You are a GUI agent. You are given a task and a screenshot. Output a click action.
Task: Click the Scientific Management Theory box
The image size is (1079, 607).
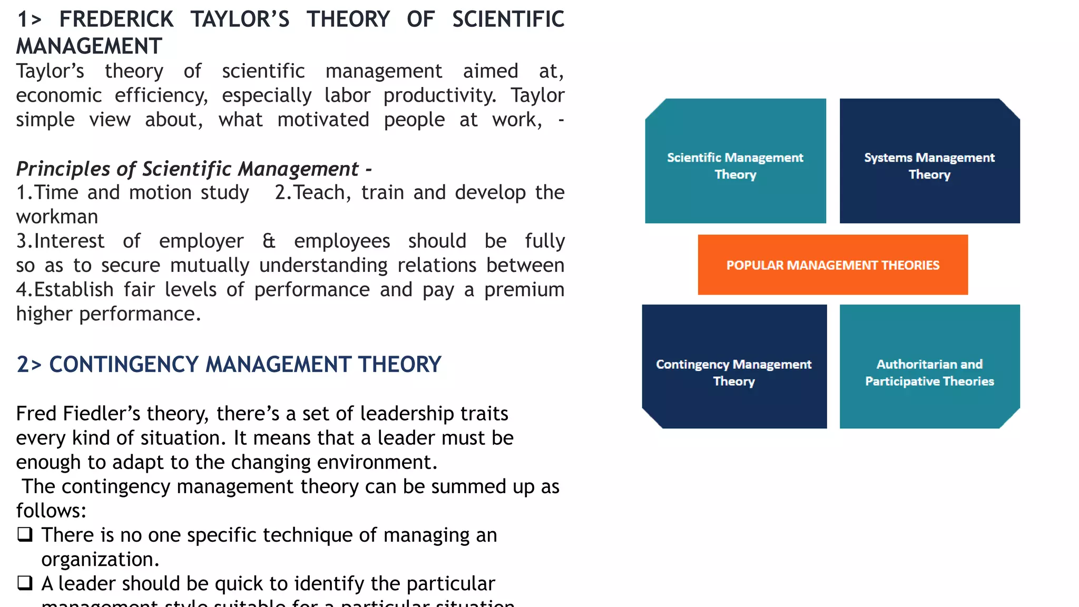coord(735,161)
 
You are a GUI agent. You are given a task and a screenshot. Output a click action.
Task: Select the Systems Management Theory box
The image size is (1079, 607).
coord(929,161)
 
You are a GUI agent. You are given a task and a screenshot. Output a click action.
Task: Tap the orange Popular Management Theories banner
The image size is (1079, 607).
coord(832,265)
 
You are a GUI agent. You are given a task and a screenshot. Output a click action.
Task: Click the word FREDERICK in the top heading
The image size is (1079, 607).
coord(116,19)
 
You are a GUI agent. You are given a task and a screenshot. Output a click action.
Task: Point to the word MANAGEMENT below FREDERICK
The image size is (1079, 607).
coord(89,46)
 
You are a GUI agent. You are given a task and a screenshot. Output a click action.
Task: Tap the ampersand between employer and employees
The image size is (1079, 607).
coord(269,241)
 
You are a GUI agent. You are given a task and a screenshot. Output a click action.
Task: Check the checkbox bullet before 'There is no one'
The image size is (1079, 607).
coord(25,534)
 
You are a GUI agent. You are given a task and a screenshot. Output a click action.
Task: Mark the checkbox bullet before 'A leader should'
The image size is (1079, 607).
coord(25,583)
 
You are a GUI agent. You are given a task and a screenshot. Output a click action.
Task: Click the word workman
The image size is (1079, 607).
coord(57,217)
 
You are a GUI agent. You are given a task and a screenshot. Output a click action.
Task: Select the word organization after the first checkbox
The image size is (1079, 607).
coord(100,560)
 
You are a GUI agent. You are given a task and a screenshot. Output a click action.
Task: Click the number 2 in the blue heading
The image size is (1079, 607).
coord(23,365)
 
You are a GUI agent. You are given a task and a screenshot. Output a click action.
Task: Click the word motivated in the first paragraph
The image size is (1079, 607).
coord(323,120)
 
